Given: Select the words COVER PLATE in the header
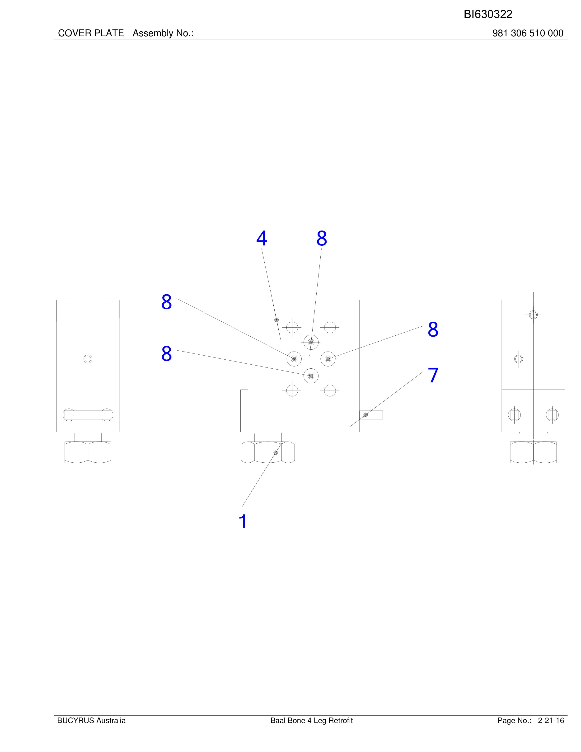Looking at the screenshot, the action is coord(91,33).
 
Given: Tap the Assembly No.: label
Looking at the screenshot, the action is coord(163,33).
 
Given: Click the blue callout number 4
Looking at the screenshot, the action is coord(262,238).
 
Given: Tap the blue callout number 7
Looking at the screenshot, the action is coord(433,375).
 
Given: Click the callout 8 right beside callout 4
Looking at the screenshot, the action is coord(322,238).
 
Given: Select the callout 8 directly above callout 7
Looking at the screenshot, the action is coord(433,329).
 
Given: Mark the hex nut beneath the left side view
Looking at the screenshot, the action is coord(88,452).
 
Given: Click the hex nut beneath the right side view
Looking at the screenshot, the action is coord(533,452).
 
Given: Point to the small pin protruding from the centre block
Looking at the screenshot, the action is coord(371,415).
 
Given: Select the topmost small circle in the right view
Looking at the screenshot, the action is coord(533,315).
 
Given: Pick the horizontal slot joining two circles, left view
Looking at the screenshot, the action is coord(88,414).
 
